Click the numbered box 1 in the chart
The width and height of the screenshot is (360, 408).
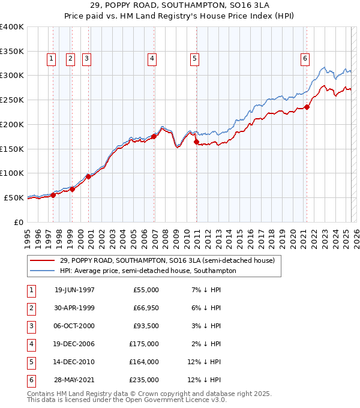point(51,58)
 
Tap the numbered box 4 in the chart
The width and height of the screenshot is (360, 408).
point(152,58)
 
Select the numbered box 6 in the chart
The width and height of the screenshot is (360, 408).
point(305,58)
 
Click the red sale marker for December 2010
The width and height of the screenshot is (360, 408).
point(196,142)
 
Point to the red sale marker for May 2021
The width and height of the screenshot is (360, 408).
point(307,107)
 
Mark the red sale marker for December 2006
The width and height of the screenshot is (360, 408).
point(154,136)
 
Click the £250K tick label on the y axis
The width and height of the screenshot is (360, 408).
point(12,100)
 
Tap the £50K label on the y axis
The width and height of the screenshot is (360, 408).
point(14,197)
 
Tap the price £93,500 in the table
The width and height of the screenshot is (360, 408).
point(146,326)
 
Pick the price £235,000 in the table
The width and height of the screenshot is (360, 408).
point(144,380)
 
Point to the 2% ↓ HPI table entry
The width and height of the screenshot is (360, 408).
point(209,344)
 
